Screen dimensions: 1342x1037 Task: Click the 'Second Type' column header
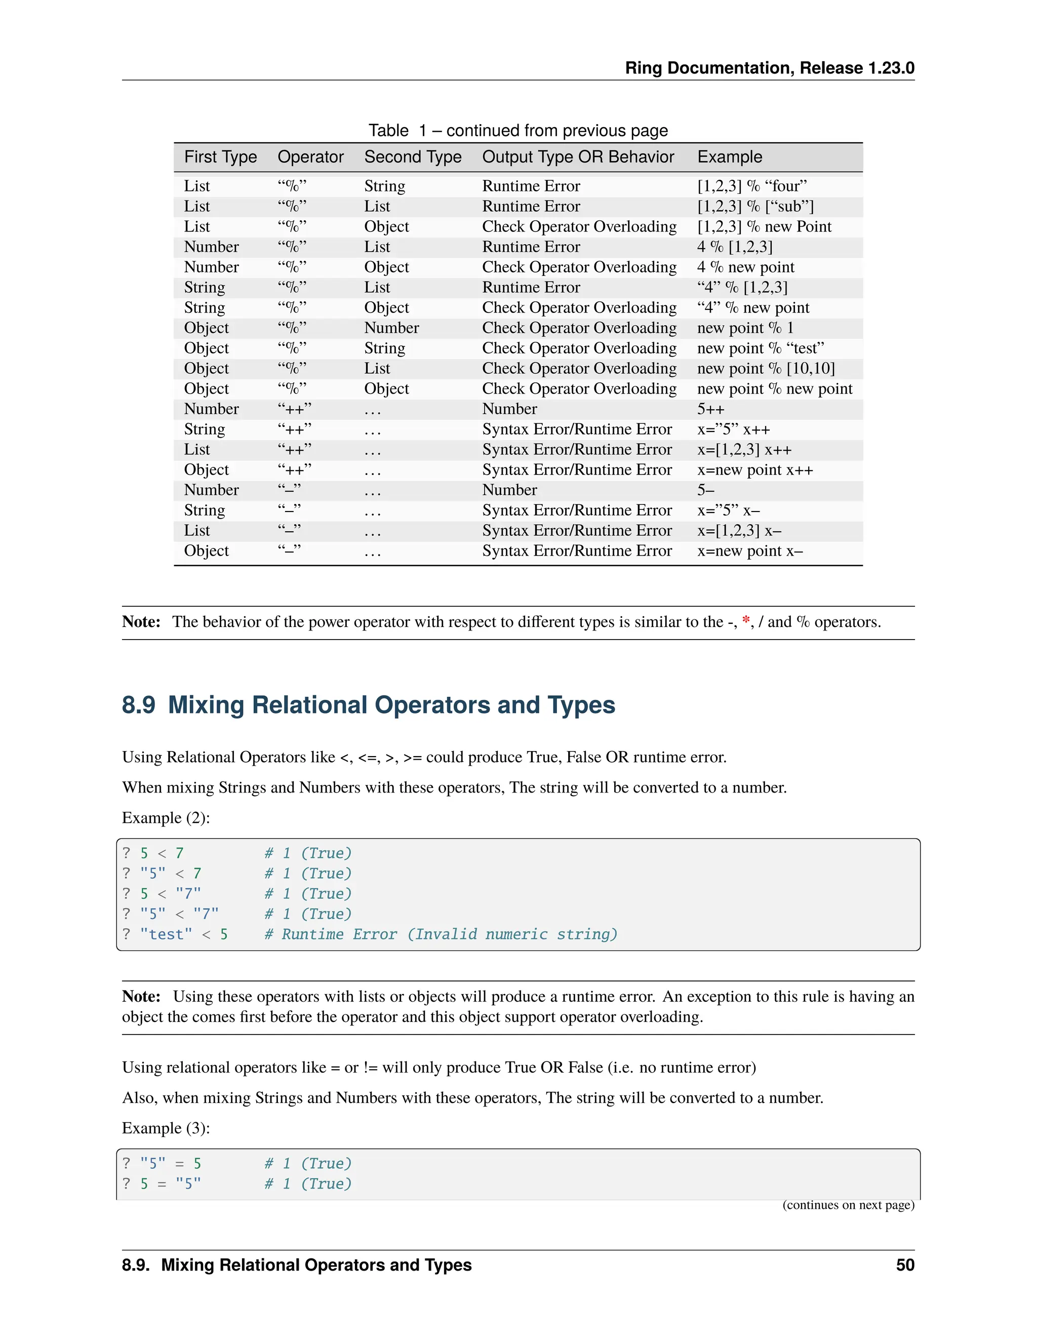412,157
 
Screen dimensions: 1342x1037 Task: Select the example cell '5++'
710,409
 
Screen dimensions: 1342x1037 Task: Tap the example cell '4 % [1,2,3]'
734,247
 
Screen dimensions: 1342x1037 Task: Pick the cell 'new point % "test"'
760,348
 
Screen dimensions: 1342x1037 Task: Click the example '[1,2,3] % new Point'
764,227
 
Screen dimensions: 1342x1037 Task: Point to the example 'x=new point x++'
754,470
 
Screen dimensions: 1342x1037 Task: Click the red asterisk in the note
745,621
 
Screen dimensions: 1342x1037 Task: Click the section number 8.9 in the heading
138,705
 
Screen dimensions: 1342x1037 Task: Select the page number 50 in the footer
904,1265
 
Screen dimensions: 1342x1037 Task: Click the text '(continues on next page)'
848,1204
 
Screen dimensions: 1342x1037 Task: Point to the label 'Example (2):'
166,818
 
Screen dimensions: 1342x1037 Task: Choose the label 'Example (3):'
166,1128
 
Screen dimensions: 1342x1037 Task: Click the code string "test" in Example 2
166,935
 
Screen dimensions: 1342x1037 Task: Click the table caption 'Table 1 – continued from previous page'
518,131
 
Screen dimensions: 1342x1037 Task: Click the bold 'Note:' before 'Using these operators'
141,996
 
